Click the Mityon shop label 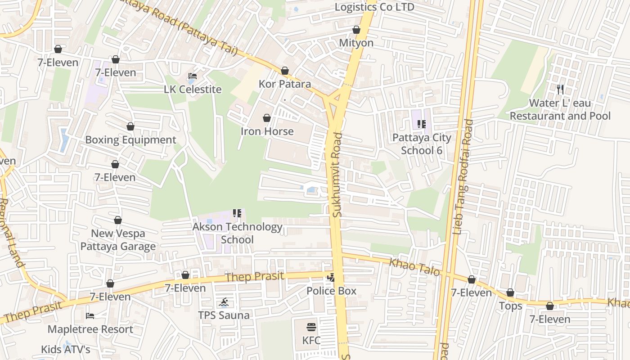(x=356, y=43)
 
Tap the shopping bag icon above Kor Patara (x=284, y=71)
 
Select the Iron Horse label (x=267, y=131)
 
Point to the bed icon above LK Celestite (x=193, y=76)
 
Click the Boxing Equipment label (x=130, y=139)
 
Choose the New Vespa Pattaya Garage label (x=118, y=240)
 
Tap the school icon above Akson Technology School (x=237, y=213)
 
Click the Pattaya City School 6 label (x=422, y=144)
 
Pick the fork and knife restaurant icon (x=560, y=90)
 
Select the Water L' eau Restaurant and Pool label (x=560, y=109)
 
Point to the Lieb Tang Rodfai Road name (x=463, y=177)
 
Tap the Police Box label (x=331, y=291)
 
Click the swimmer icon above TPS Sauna (x=224, y=302)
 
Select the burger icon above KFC (x=311, y=327)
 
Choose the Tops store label (x=510, y=306)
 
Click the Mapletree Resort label (x=90, y=329)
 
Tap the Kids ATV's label (x=66, y=349)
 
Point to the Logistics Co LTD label (x=374, y=7)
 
